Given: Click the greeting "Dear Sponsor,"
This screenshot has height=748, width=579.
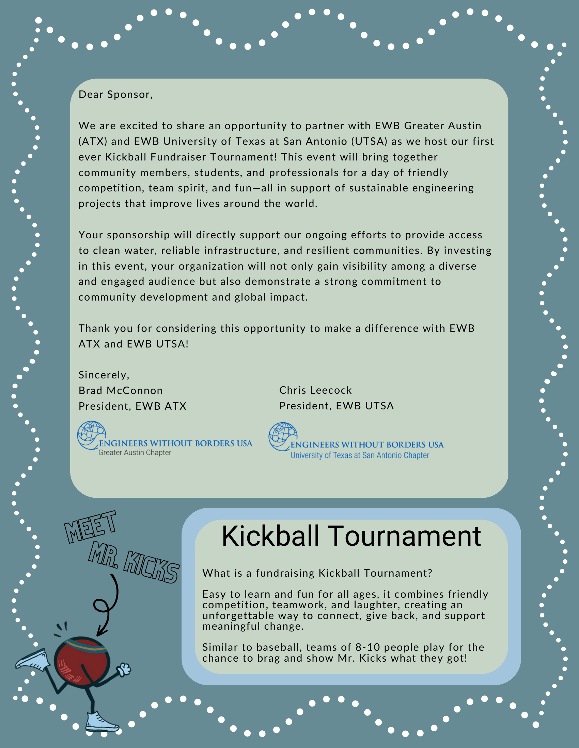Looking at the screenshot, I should click(x=115, y=95).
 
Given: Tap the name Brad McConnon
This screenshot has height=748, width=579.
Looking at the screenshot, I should click(x=120, y=390).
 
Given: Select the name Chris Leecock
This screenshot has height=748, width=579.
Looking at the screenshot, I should click(x=315, y=390).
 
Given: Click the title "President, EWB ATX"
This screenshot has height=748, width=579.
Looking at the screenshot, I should click(x=132, y=406).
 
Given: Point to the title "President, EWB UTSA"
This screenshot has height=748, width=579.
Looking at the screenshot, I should click(x=337, y=406).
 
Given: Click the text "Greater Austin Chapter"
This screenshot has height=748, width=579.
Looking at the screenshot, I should click(x=135, y=453).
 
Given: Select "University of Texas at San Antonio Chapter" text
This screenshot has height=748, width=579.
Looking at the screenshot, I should click(x=360, y=456).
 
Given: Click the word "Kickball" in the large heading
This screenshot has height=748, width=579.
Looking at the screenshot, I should click(x=271, y=536).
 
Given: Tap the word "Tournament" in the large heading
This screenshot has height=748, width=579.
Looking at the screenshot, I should click(x=405, y=536).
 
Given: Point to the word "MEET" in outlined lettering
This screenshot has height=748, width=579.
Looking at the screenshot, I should click(x=91, y=527).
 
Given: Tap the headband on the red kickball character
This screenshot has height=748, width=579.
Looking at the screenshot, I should click(x=85, y=645).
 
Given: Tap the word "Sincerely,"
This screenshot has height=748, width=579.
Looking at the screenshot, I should click(x=104, y=375).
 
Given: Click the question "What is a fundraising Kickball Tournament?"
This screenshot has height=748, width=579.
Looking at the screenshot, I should click(x=317, y=573).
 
